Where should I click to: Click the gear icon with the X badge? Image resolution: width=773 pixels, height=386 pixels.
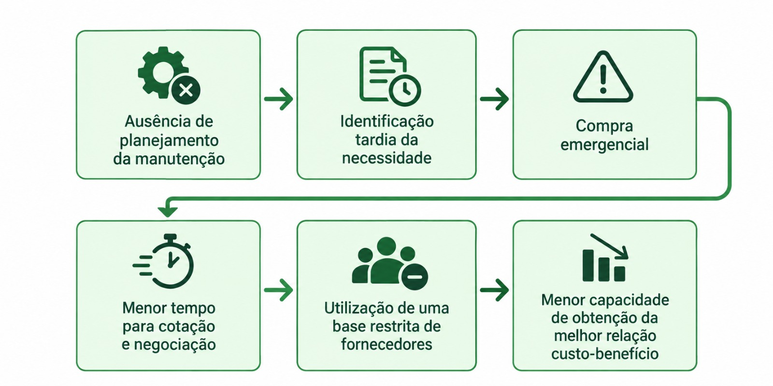169,75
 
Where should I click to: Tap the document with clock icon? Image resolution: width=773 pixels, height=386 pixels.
389,76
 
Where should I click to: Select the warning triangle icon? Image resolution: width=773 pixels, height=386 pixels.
603,77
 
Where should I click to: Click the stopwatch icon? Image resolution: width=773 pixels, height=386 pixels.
163,261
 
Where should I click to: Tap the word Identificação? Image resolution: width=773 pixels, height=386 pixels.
387,121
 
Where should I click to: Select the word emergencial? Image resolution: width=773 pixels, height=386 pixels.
604,144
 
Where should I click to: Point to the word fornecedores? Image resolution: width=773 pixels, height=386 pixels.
386,344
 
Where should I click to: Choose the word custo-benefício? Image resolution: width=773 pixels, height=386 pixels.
605,354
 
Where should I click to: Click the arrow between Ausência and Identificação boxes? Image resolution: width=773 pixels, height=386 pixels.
278,99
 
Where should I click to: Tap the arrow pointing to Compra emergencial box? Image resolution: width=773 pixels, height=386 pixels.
494,99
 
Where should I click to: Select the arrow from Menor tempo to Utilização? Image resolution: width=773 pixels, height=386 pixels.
278,290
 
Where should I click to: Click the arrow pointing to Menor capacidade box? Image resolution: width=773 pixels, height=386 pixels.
494,290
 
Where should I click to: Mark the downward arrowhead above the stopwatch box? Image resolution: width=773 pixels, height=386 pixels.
168,211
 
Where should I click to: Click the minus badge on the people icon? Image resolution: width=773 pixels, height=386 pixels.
415,277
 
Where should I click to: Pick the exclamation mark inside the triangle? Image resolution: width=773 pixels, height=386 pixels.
603,80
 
